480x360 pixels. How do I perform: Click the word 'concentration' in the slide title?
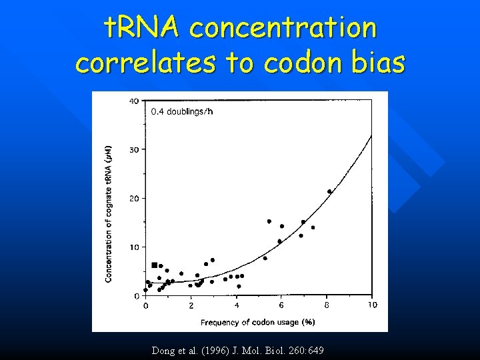coord(283,28)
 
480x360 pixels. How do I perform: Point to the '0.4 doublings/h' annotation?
coord(182,111)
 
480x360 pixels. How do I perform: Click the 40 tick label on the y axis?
coord(134,101)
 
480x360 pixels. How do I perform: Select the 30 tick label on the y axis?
coord(134,149)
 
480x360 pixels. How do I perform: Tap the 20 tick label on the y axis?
coord(134,198)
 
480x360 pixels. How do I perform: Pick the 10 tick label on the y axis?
coord(134,247)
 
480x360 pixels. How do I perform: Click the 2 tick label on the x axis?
coord(191,305)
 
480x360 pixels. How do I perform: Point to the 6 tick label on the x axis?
coord(281,305)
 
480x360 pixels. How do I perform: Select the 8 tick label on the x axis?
coord(327,305)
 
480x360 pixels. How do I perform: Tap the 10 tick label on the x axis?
coord(371,305)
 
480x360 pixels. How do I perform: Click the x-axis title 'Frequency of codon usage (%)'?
coord(258,322)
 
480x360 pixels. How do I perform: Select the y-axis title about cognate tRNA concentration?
coord(109,213)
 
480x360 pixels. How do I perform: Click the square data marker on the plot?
coord(155,265)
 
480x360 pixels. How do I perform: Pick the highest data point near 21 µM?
coord(329,191)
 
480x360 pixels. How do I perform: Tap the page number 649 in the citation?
coord(315,350)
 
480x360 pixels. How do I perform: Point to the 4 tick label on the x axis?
coord(237,305)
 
